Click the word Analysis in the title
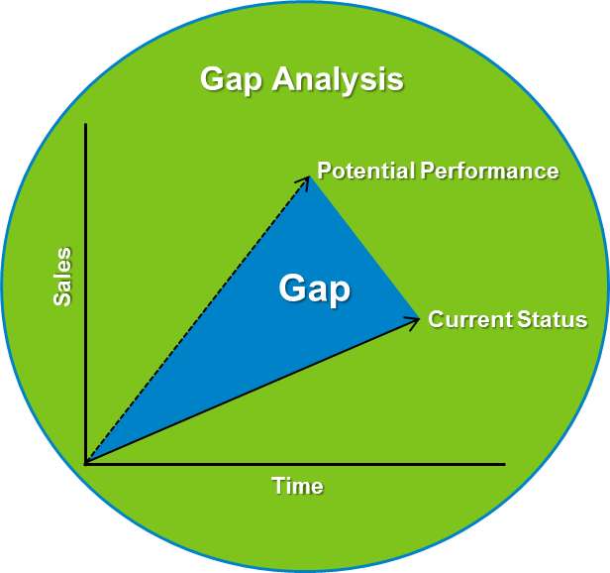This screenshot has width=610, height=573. (x=338, y=80)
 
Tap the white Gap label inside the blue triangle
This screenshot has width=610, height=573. (x=315, y=289)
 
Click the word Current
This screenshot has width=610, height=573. (x=469, y=319)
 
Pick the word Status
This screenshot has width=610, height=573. (x=552, y=319)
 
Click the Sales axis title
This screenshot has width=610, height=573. (x=62, y=277)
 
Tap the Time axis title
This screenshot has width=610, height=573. (x=297, y=486)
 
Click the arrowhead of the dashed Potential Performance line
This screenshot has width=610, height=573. (x=308, y=178)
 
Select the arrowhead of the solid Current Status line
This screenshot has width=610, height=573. (x=415, y=319)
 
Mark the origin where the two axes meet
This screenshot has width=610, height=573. (x=86, y=463)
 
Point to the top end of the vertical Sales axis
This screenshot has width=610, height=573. (x=86, y=125)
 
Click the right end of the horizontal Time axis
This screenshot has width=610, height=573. (x=503, y=463)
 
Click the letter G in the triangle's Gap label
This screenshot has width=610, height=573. (x=292, y=289)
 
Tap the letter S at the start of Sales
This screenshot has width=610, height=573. (x=62, y=297)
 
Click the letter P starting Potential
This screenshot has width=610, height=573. (x=324, y=171)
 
